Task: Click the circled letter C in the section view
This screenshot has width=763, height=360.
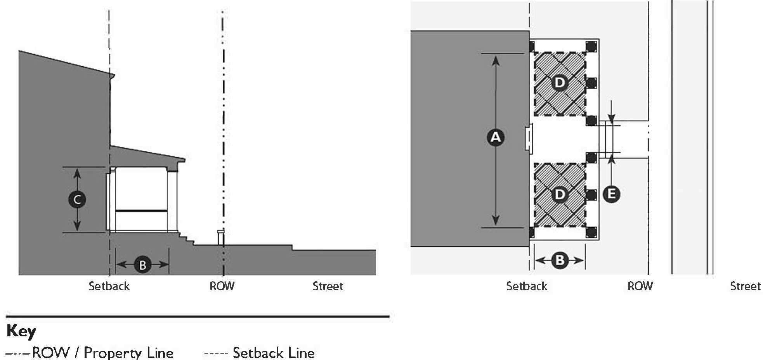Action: pyautogui.click(x=77, y=200)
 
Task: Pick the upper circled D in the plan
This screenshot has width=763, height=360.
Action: pyautogui.click(x=559, y=83)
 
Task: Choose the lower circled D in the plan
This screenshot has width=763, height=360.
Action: pyautogui.click(x=559, y=194)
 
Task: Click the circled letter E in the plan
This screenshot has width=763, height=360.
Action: pyautogui.click(x=611, y=194)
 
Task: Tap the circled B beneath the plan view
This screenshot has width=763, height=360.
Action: pyautogui.click(x=560, y=260)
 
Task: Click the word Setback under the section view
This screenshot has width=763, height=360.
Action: pyautogui.click(x=109, y=286)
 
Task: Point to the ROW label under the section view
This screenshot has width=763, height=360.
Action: pyautogui.click(x=222, y=286)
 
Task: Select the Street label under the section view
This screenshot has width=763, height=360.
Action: pyautogui.click(x=328, y=286)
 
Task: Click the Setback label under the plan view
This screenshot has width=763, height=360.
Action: pyautogui.click(x=527, y=286)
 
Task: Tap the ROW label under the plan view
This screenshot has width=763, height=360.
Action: pyautogui.click(x=640, y=286)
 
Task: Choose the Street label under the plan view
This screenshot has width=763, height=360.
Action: pyautogui.click(x=745, y=286)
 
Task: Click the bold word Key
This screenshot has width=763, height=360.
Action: pyautogui.click(x=21, y=331)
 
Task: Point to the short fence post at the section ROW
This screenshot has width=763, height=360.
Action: pyautogui.click(x=221, y=237)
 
